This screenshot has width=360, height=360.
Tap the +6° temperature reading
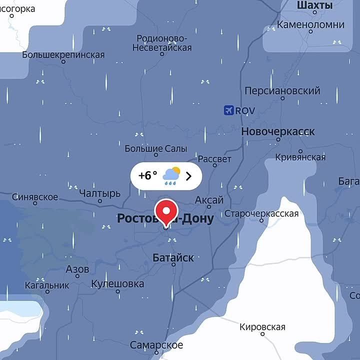[x=147, y=175]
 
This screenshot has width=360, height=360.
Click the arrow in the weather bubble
[x=188, y=176]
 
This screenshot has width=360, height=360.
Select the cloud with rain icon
[x=171, y=176]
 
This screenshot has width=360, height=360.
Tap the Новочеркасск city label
[x=278, y=132]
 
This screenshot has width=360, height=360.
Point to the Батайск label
[x=173, y=258]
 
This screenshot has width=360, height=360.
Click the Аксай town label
[x=209, y=200]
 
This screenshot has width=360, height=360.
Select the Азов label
[x=77, y=269]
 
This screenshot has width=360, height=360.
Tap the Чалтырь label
[x=100, y=193]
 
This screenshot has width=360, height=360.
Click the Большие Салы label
[x=155, y=149]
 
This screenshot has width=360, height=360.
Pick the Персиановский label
[x=282, y=91]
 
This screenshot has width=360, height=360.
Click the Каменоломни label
[x=310, y=24]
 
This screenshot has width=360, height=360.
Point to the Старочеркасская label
[x=261, y=214]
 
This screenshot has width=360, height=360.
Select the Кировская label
[x=262, y=327]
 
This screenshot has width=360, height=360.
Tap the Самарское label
[x=156, y=345]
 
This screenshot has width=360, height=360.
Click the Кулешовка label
[x=117, y=284]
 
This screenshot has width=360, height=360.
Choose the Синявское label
[x=34, y=197]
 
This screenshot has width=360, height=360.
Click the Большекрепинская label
[x=63, y=54]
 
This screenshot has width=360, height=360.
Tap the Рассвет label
[x=214, y=159]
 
